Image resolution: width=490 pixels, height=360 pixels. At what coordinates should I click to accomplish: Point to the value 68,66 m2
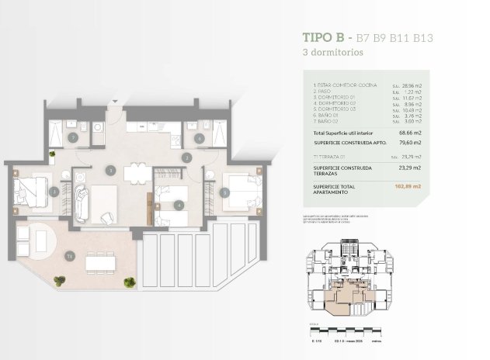tap(409, 134)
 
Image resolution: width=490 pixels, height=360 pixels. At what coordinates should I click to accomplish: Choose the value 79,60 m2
tap(409, 144)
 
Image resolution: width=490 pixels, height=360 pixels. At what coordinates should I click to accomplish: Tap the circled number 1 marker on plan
tap(110, 169)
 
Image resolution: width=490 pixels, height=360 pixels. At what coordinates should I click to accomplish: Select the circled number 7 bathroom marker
tap(72, 138)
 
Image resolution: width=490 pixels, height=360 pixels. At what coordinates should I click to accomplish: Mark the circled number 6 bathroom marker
tap(199, 138)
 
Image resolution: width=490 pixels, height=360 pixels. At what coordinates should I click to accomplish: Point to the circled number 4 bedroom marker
tap(179, 206)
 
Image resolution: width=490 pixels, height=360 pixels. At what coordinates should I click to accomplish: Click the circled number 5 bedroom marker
tap(225, 189)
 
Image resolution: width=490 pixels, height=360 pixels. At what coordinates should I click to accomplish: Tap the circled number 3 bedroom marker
tap(54, 191)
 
